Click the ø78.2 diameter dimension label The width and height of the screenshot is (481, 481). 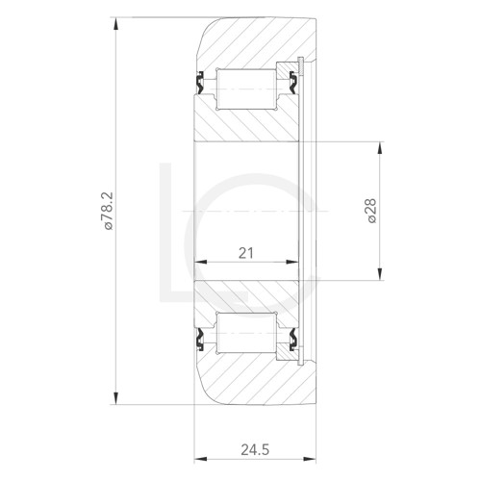click(x=108, y=212)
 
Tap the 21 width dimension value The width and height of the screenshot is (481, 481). click(x=245, y=253)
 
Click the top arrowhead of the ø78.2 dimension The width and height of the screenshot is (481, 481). click(x=115, y=21)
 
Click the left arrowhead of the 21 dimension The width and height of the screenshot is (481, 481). click(x=199, y=263)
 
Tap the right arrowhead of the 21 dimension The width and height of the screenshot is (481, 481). click(x=297, y=263)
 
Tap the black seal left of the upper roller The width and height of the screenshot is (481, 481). click(x=201, y=85)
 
